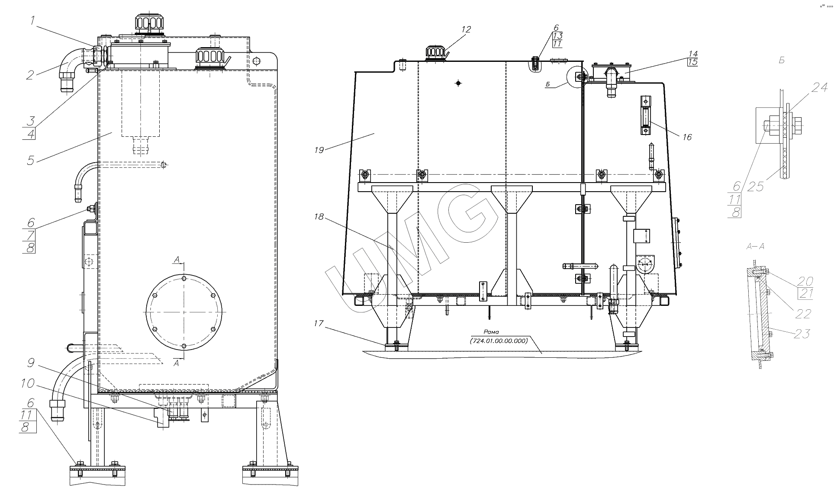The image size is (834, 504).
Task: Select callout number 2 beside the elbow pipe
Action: click(30, 75)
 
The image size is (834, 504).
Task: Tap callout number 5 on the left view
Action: click(30, 160)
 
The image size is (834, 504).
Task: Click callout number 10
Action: click(28, 383)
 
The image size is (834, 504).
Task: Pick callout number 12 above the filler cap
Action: click(466, 29)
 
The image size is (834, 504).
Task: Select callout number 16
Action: click(687, 137)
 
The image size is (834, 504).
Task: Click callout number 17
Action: click(319, 323)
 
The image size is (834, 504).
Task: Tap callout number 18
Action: click(319, 217)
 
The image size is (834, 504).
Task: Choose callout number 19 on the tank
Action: click(319, 150)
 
